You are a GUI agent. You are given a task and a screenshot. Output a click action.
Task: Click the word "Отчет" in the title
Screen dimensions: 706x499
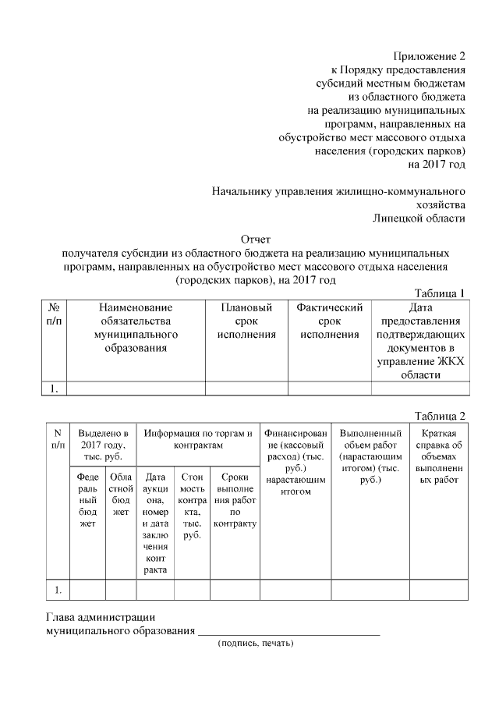tap(256, 239)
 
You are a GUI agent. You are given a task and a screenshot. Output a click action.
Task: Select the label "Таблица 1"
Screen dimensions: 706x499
tap(440, 293)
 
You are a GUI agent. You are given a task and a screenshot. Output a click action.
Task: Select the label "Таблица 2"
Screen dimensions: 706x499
tap(440, 414)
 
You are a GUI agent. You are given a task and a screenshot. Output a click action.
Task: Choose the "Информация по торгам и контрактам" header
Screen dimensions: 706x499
tap(198, 438)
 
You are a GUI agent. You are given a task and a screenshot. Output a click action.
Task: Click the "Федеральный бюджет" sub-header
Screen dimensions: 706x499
tap(87, 499)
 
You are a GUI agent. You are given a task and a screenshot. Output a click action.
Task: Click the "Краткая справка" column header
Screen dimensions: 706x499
tap(444, 456)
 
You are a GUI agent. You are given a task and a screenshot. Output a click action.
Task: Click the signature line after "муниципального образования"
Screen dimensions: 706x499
tap(288, 631)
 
